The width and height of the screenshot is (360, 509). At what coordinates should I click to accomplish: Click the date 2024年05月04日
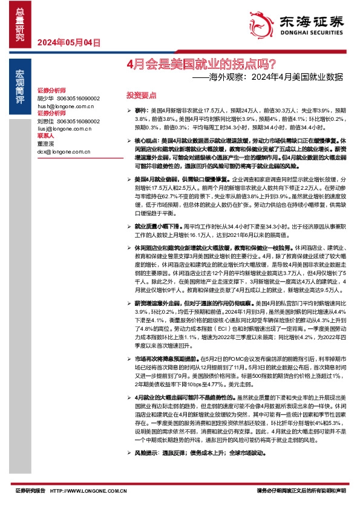click(x=68, y=42)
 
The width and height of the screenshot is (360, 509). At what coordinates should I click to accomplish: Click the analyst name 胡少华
click(x=45, y=98)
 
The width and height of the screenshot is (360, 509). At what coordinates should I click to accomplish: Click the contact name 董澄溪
click(x=45, y=144)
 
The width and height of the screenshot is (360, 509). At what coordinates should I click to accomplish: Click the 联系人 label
click(x=45, y=137)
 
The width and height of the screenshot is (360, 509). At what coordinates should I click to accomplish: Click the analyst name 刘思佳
click(x=45, y=121)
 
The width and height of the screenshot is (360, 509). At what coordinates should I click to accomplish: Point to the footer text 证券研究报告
click(x=30, y=491)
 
